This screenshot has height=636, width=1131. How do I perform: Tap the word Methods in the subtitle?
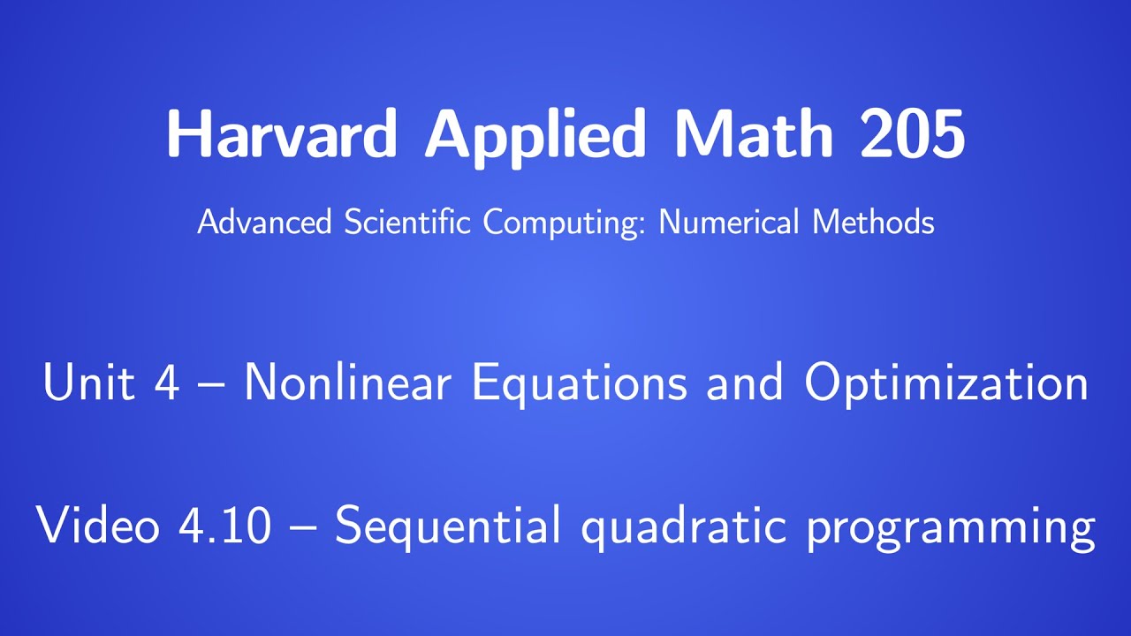(873, 222)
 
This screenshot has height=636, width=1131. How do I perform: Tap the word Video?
(98, 526)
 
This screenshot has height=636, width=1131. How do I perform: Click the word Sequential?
(448, 526)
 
